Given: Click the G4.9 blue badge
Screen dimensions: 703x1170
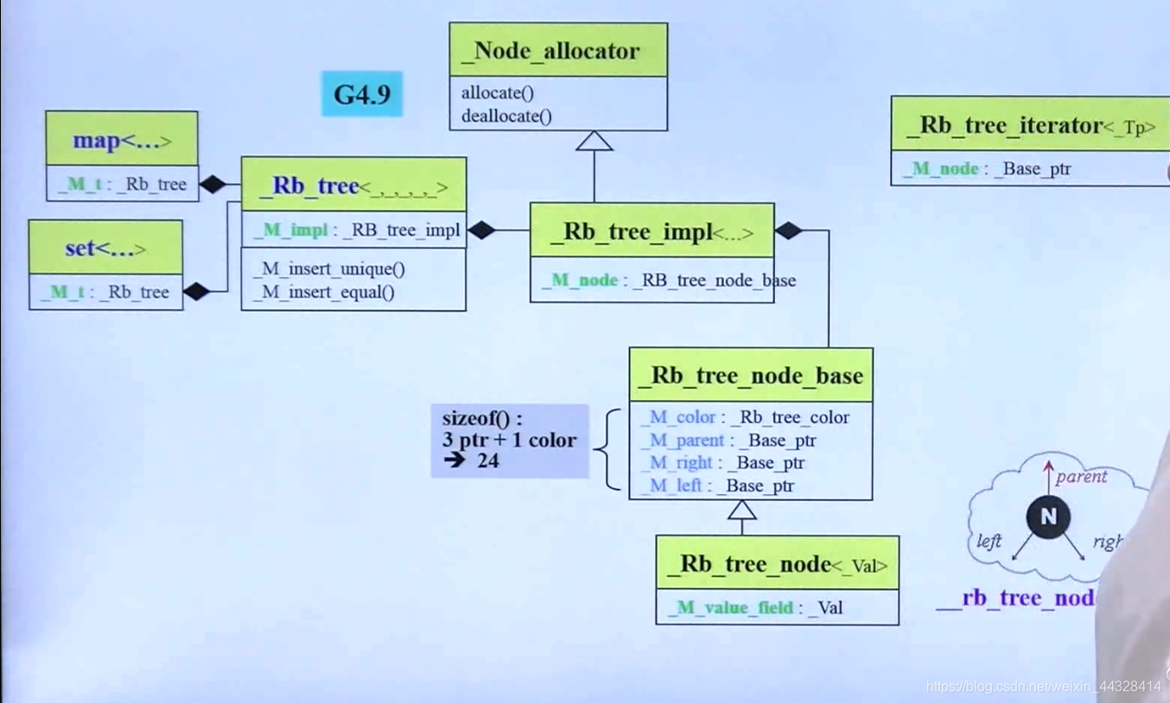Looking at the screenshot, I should click(x=362, y=94).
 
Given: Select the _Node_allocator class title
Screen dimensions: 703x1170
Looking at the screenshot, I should click(x=557, y=50).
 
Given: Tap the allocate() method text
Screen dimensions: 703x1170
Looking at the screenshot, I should click(x=497, y=93).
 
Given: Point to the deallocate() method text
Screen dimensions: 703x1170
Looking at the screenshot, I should click(x=506, y=116).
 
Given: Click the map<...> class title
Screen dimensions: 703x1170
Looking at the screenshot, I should click(x=122, y=140).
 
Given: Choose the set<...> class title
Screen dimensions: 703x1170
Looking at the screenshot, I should click(x=105, y=249).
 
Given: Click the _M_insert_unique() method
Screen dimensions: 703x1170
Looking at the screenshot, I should click(x=329, y=269).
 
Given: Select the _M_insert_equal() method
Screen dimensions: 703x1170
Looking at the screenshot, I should click(x=324, y=292).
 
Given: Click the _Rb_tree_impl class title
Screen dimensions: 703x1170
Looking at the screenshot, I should click(x=652, y=231).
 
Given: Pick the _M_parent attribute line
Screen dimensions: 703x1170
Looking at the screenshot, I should click(x=728, y=440).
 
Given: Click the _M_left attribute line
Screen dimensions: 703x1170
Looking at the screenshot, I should click(x=717, y=485).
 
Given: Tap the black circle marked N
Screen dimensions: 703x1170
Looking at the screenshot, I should click(x=1048, y=517).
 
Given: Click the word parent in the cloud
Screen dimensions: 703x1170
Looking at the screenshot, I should click(x=1081, y=477).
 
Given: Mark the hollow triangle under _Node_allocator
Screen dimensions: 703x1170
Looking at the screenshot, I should click(x=595, y=141).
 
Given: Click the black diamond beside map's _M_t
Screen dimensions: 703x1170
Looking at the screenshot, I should click(x=213, y=184).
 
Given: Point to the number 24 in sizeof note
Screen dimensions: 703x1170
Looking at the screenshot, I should click(x=488, y=461).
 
